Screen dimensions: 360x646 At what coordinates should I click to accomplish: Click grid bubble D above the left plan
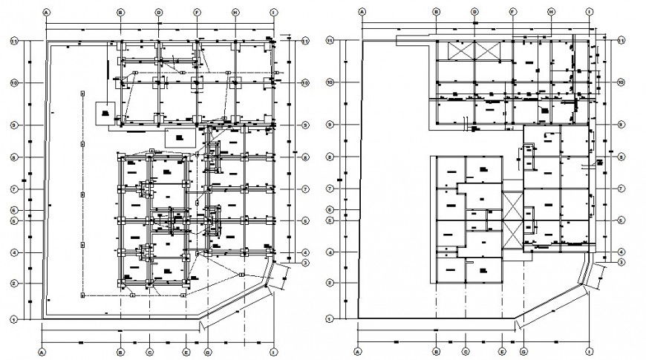pyautogui.click(x=158, y=13)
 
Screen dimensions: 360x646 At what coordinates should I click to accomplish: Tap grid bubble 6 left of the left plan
pyautogui.click(x=14, y=210)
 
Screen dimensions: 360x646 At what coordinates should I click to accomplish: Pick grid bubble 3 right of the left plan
pyautogui.click(x=305, y=262)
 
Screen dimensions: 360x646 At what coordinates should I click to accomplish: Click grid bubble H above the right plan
pyautogui.click(x=552, y=13)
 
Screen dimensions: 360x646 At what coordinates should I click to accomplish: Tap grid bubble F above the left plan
pyautogui.click(x=197, y=13)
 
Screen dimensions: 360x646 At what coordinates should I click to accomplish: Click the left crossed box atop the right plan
pyautogui.click(x=454, y=52)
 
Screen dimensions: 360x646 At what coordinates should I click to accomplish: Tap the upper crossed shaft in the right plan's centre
pyautogui.click(x=513, y=203)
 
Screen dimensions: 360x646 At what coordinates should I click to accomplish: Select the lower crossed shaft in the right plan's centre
pyautogui.click(x=513, y=235)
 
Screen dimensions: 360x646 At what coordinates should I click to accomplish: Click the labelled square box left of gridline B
pyautogui.click(x=105, y=113)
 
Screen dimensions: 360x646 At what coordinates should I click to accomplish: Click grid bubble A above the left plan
pyautogui.click(x=46, y=13)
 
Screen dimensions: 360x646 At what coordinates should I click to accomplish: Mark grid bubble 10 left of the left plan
pyautogui.click(x=14, y=82)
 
